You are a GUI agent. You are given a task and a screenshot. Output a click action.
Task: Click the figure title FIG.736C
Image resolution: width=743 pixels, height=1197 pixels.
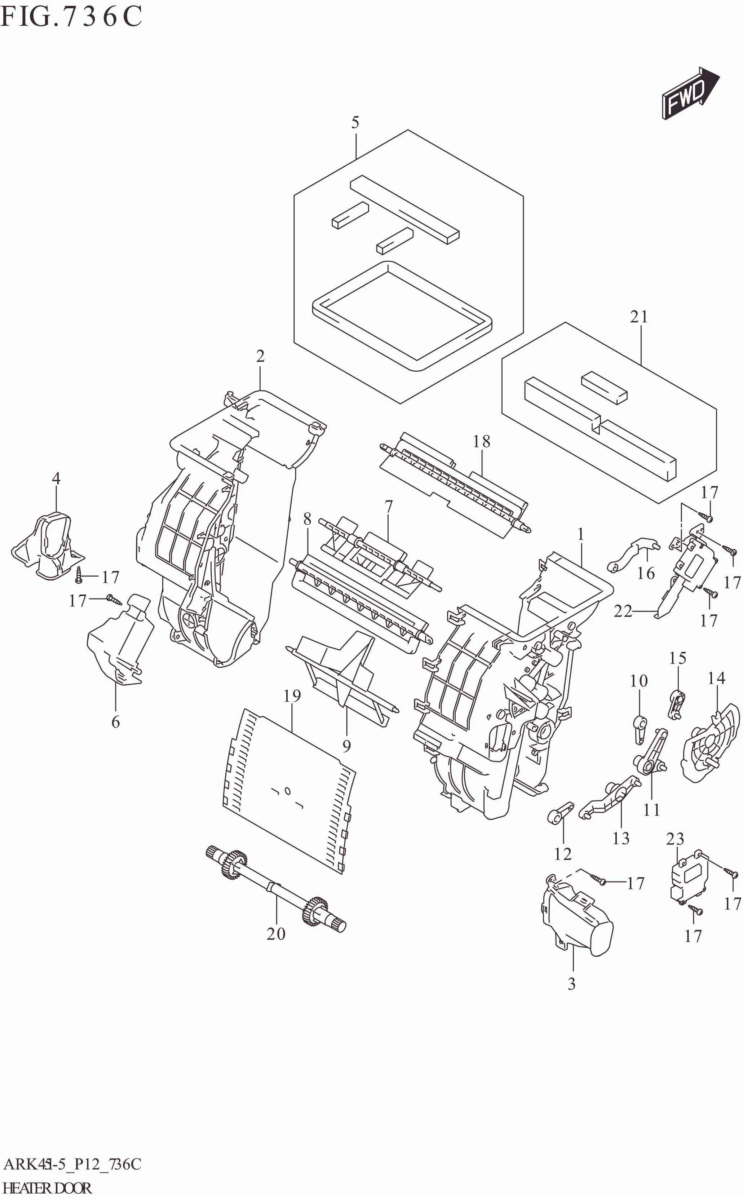coord(71,16)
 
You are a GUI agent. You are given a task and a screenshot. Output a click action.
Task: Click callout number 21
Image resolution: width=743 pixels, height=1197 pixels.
coord(639,317)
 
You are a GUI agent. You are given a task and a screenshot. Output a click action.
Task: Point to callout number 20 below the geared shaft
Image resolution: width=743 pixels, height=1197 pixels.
coord(276,933)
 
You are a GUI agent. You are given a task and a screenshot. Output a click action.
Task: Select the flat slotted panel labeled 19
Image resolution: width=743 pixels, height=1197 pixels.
coord(290,786)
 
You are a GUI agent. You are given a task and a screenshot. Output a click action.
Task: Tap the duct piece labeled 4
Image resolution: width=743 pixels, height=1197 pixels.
coord(47,546)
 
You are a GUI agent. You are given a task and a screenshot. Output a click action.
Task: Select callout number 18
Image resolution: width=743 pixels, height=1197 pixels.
coord(482,441)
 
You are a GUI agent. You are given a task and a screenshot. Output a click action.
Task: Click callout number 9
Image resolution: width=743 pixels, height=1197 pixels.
coord(346,746)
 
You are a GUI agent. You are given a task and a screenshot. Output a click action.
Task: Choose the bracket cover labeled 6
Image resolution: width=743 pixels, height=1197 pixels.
coord(118,644)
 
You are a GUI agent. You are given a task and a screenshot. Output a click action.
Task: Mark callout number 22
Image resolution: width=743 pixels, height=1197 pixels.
coord(623,611)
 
